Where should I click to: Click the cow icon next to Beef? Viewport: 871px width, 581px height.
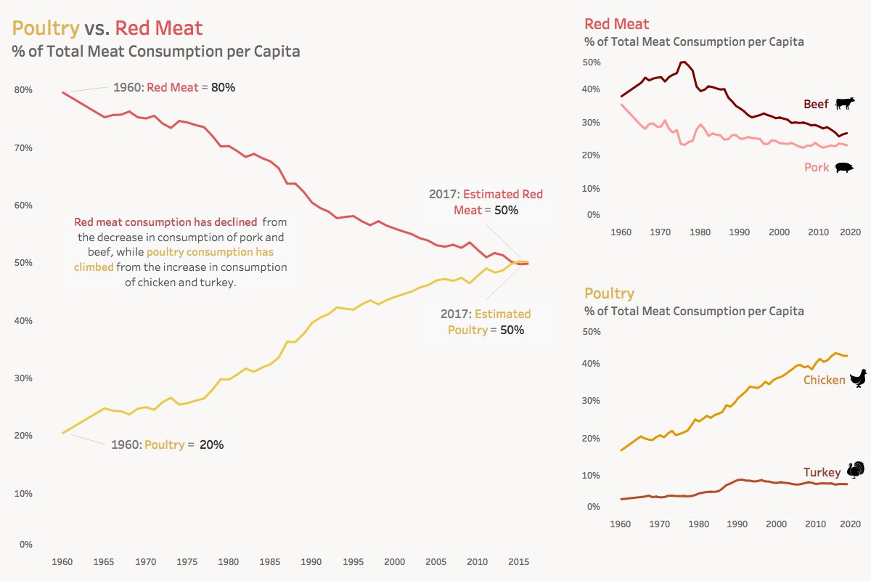click(846, 104)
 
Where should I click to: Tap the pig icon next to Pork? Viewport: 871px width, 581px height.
click(845, 168)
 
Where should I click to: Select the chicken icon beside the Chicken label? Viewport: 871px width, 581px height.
click(859, 378)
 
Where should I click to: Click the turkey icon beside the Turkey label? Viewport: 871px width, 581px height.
click(856, 470)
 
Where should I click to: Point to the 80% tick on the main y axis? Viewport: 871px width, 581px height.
click(23, 90)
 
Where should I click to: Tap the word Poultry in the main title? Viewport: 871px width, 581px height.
click(45, 28)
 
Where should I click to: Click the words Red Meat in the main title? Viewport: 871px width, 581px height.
click(159, 28)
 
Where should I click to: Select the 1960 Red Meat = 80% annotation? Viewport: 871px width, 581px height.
click(174, 87)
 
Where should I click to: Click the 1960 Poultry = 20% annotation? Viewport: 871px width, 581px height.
click(167, 444)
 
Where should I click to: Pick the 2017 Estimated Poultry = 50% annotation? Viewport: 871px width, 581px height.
click(486, 322)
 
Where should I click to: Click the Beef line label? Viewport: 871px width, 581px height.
click(816, 105)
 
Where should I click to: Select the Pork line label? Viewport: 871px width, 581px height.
click(816, 168)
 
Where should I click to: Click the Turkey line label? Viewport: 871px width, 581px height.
click(822, 473)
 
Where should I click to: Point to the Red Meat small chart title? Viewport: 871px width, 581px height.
click(616, 24)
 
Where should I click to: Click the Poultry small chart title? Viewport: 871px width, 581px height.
click(609, 293)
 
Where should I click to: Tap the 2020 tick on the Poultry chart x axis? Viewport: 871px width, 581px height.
click(850, 524)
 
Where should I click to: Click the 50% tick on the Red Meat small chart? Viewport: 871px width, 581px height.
click(592, 63)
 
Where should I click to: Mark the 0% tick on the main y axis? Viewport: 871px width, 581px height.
click(25, 545)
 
